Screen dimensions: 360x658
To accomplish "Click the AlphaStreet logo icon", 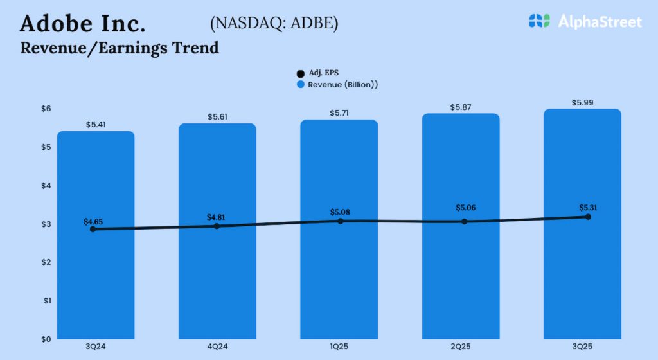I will (x=539, y=21).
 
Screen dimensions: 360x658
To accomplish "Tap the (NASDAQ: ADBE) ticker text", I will (x=274, y=24).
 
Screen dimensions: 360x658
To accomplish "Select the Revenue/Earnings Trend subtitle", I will (x=120, y=48).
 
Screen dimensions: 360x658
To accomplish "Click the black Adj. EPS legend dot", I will (x=300, y=73).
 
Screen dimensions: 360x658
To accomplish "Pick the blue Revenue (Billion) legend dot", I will (x=300, y=85).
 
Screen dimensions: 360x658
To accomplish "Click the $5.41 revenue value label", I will (x=95, y=125).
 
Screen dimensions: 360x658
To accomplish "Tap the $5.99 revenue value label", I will (x=582, y=102).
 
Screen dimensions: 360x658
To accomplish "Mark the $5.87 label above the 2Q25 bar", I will (x=460, y=107).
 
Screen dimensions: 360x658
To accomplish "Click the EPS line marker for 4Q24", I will (x=217, y=226).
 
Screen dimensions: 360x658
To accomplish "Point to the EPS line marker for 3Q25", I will (x=587, y=217).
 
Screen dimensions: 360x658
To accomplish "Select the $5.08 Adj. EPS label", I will (x=339, y=212).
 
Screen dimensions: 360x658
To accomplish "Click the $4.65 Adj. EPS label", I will (x=94, y=221).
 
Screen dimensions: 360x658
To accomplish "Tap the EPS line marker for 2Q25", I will (x=464, y=222).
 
